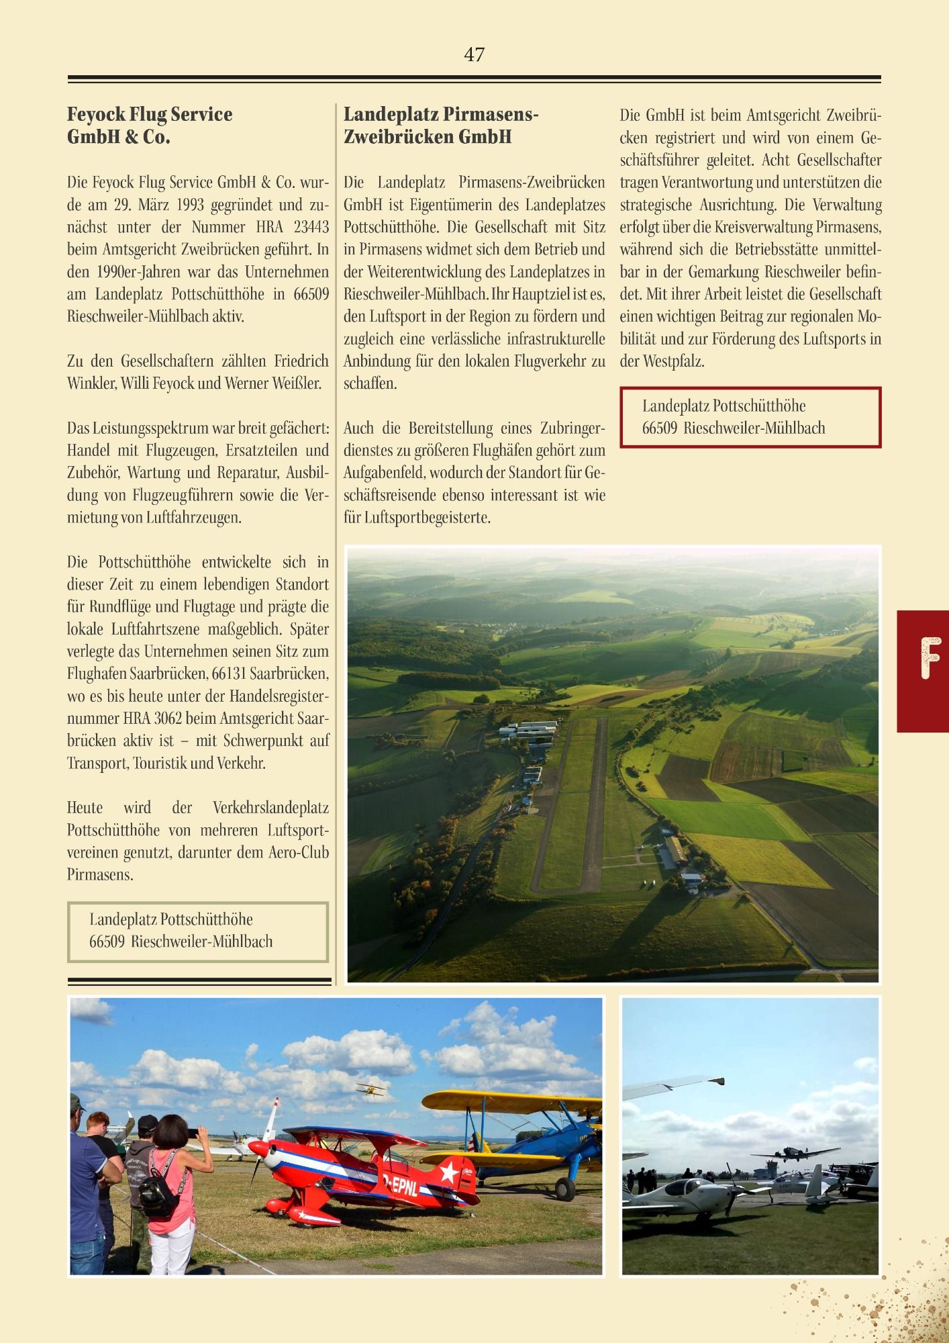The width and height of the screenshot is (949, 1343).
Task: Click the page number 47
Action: pyautogui.click(x=474, y=54)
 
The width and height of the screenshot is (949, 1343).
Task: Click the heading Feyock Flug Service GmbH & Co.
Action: pyautogui.click(x=150, y=126)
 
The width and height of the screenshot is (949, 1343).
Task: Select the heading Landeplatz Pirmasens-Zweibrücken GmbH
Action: pyautogui.click(x=441, y=126)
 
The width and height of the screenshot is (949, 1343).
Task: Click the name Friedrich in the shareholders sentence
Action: pyautogui.click(x=301, y=361)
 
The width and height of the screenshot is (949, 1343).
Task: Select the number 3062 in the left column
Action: pyautogui.click(x=168, y=719)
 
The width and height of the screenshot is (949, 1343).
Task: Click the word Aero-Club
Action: pyautogui.click(x=299, y=853)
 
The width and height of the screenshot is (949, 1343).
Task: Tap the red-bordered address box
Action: pyautogui.click(x=750, y=417)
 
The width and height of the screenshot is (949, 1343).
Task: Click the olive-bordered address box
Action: pyautogui.click(x=197, y=931)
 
